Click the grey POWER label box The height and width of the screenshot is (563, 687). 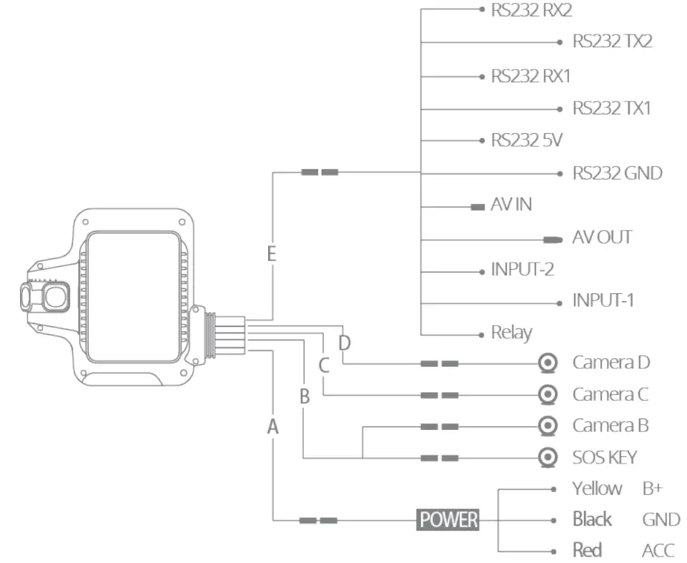tap(448, 520)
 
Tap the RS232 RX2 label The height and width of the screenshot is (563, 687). tap(531, 10)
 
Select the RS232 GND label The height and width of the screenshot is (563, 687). tap(617, 173)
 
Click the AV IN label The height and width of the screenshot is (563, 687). tap(511, 205)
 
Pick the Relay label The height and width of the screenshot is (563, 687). tap(511, 333)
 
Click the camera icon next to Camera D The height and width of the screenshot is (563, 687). tap(548, 363)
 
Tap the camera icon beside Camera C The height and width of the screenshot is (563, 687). tap(548, 394)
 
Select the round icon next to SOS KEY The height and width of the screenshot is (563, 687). tap(548, 457)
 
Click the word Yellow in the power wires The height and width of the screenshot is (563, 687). tap(597, 489)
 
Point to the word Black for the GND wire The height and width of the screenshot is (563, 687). tap(592, 519)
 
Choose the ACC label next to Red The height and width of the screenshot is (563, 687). tap(658, 550)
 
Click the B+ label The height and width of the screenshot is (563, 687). tap(652, 489)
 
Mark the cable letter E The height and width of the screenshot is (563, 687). tap(272, 254)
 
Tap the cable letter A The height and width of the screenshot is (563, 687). tap(272, 427)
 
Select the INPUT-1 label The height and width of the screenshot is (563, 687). tap(603, 300)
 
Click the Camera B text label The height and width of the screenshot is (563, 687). tap(611, 426)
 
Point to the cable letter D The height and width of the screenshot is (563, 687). tap(345, 343)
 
